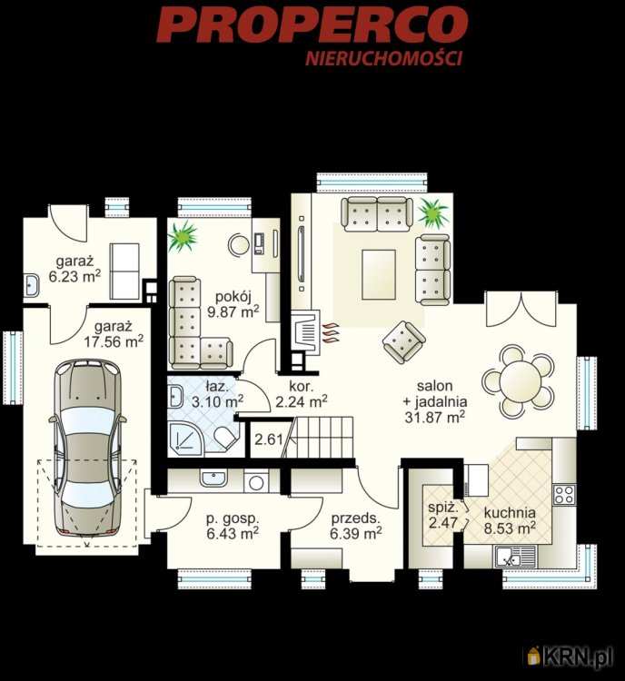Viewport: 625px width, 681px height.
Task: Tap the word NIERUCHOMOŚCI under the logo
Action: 383,59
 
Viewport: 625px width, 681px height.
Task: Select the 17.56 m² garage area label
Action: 114,334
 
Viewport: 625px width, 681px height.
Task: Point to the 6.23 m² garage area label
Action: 74,270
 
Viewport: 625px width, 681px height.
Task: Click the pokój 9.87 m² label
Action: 233,304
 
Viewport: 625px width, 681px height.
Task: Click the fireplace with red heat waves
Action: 313,331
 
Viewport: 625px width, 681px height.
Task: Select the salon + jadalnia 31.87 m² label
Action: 435,401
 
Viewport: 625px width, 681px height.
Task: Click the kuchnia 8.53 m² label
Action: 510,520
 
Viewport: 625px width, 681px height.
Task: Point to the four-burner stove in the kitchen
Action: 564,495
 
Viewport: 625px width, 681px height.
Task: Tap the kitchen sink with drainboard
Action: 516,557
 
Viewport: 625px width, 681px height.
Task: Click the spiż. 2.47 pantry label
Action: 443,515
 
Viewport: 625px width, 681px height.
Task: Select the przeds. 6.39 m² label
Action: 356,526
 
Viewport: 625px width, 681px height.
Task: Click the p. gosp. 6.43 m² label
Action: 233,526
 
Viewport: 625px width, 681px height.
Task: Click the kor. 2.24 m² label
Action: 302,394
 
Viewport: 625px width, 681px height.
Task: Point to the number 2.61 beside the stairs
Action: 269,439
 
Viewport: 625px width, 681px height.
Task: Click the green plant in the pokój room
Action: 183,236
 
